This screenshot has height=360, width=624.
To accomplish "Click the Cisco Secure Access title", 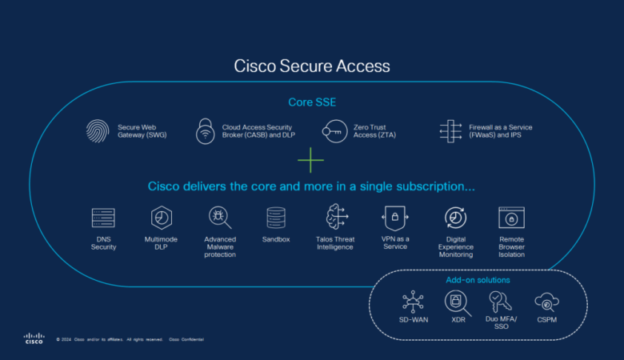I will pyautogui.click(x=311, y=66).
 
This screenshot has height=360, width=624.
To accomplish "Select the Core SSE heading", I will pyautogui.click(x=311, y=102).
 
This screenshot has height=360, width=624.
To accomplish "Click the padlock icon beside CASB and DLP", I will pyautogui.click(x=206, y=131).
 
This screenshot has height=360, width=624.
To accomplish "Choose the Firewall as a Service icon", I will pyautogui.click(x=452, y=131).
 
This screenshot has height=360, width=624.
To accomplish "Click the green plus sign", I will pyautogui.click(x=310, y=160).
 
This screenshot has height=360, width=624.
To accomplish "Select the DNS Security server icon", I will pyautogui.click(x=103, y=218).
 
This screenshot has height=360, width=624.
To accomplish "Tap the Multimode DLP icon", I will pyautogui.click(x=162, y=218).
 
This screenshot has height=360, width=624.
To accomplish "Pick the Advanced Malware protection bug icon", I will pyautogui.click(x=219, y=218).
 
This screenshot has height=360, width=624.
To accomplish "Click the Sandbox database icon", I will pyautogui.click(x=276, y=218).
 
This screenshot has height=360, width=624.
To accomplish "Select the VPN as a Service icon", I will pyautogui.click(x=395, y=218).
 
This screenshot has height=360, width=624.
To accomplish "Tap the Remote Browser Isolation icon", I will pyautogui.click(x=511, y=218).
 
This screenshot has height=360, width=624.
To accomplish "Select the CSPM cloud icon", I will pyautogui.click(x=547, y=302).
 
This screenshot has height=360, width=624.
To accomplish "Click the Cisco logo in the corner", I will pyautogui.click(x=34, y=338).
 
